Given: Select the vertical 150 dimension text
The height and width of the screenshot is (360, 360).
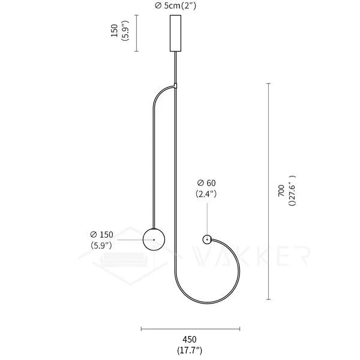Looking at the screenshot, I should point(114,32).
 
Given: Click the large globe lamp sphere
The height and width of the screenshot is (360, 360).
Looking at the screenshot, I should point(154,240).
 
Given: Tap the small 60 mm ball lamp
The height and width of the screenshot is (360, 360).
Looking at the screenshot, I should point(207,239).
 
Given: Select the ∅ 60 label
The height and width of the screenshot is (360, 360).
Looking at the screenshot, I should point(206,183).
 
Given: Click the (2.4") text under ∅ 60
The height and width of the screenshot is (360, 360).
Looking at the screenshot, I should point(206,194).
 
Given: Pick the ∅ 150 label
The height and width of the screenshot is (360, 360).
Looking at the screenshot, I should point(102,234).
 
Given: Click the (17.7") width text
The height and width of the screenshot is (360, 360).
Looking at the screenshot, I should point(190,349).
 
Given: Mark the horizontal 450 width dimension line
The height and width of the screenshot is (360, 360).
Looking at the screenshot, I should point(190,328).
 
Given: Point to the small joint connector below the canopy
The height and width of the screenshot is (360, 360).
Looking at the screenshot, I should point(176,85).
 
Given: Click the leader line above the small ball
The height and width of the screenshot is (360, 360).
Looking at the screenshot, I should point(207,219).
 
